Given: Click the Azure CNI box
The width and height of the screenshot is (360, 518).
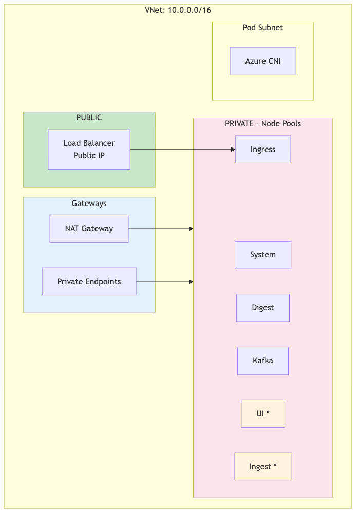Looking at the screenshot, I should [x=262, y=61].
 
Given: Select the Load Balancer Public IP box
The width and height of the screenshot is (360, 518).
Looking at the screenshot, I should [x=89, y=149].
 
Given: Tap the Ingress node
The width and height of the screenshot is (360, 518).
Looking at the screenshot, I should [x=263, y=150].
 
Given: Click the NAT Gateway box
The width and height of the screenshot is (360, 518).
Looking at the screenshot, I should [x=89, y=229].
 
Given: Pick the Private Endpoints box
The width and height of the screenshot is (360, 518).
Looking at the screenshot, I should [x=89, y=282].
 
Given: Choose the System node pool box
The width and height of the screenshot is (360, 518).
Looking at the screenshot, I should [x=263, y=255].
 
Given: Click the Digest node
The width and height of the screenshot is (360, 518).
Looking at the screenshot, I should [x=263, y=308].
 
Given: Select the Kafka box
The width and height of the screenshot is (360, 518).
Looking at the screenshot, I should [x=263, y=361].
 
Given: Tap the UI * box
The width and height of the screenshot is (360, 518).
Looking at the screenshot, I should [x=263, y=414].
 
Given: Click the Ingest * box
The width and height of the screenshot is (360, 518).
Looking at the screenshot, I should [x=263, y=467].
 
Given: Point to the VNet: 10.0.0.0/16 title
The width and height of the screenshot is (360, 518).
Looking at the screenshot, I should [x=178, y=10].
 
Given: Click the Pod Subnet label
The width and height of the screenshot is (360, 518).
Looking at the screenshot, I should [x=262, y=28].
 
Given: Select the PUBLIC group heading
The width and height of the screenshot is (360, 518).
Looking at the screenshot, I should [x=89, y=118].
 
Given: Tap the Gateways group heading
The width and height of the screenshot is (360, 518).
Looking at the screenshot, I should [x=89, y=203].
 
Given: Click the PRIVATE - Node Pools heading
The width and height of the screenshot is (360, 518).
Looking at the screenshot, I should [x=263, y=124].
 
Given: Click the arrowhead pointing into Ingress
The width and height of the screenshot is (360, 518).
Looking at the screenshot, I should [x=233, y=150].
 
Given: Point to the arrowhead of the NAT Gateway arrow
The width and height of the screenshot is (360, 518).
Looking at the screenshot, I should [x=191, y=229].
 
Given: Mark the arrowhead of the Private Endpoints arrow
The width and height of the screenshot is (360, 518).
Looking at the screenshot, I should [x=191, y=282].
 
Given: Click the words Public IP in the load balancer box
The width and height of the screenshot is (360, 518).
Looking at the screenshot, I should [x=89, y=155].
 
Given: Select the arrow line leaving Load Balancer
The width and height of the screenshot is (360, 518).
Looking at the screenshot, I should [x=180, y=150].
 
